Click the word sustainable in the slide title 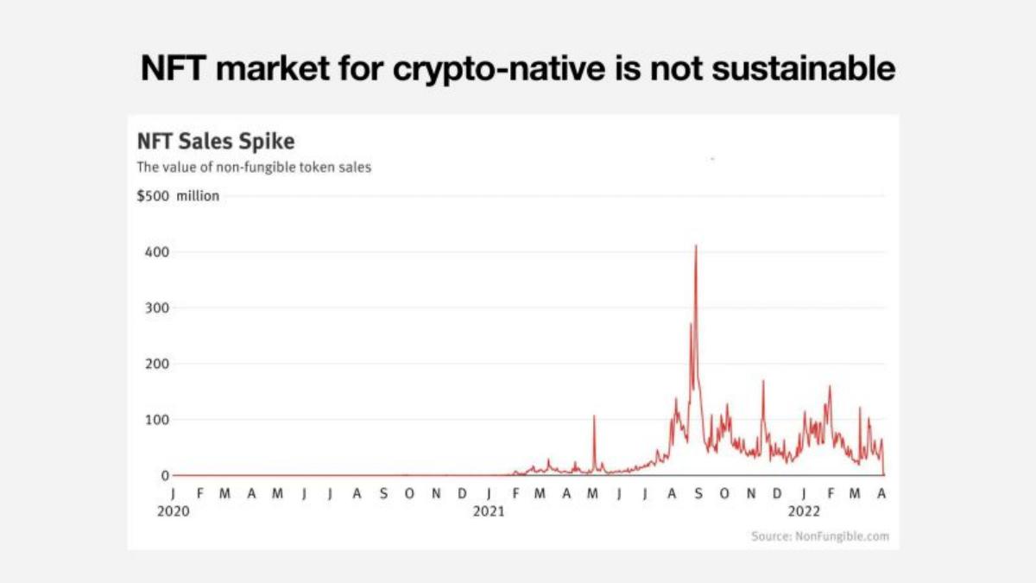pos(804,68)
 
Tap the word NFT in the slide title pos(173,68)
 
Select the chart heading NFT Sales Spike pos(216,141)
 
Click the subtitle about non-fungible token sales pos(254,167)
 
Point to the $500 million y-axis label pos(178,196)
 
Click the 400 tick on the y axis pos(157,252)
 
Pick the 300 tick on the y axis pos(157,307)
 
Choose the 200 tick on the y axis pos(157,364)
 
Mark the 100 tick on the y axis pos(157,420)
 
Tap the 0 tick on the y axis pos(165,476)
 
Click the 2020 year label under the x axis pos(174,511)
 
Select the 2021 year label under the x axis pos(489,511)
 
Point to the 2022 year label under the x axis pos(805,511)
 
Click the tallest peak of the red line pos(696,245)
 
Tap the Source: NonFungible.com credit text pos(820,536)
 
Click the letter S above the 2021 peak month pos(698,494)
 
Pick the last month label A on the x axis pos(881,494)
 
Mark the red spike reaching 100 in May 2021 pos(594,416)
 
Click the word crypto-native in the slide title pos(499,69)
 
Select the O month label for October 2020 pos(409,494)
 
